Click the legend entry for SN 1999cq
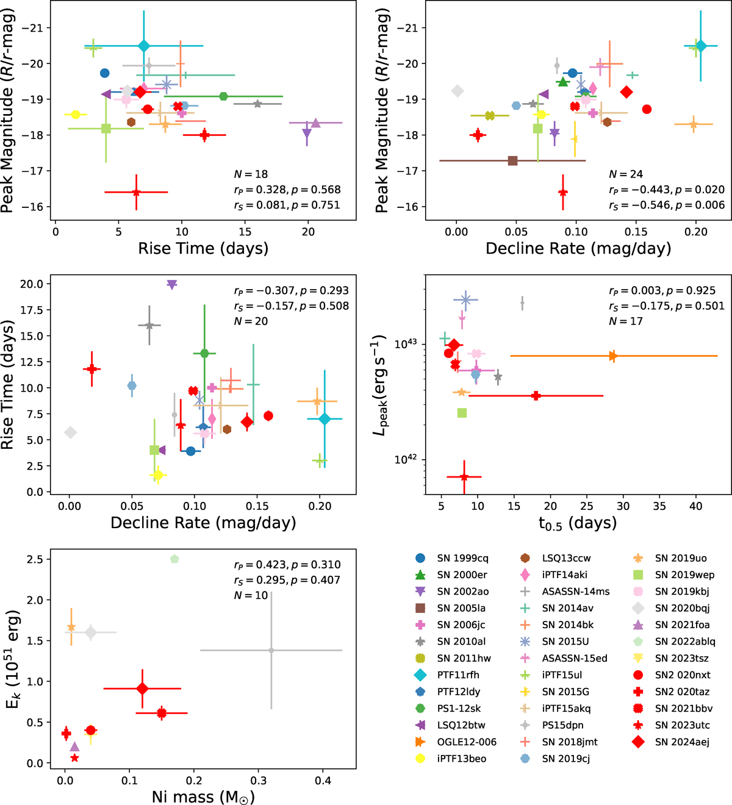(462, 558)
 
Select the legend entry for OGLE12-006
(467, 742)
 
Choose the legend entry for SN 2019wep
(684, 574)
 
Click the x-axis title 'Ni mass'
(203, 797)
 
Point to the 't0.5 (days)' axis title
(577, 523)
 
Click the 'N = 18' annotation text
(251, 174)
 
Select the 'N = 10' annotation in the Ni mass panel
(251, 595)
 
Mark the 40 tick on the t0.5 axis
(695, 506)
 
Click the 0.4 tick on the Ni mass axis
(323, 781)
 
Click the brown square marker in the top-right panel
(512, 161)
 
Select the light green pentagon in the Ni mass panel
(174, 559)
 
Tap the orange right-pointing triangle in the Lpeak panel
(613, 356)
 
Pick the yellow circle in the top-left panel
(76, 115)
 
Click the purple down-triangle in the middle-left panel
(171, 285)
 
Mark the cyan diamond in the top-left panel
(144, 46)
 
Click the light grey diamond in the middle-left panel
(71, 432)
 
